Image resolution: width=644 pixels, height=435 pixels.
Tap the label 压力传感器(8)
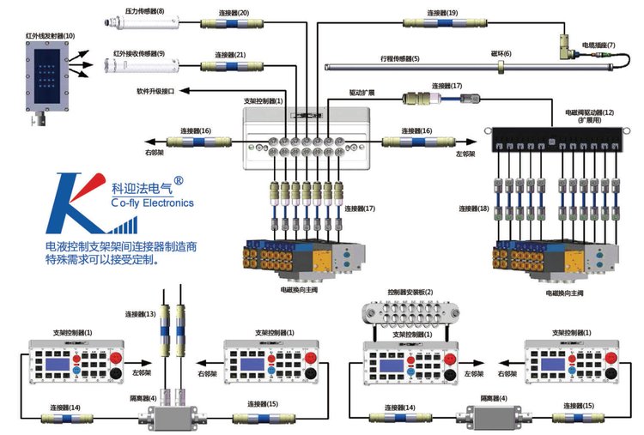point(144,11)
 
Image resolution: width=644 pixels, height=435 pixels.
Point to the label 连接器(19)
point(443,13)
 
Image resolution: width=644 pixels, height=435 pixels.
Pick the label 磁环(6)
point(501,54)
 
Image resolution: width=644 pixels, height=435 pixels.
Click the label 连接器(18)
point(474,208)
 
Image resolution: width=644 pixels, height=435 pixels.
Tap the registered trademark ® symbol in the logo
point(179,181)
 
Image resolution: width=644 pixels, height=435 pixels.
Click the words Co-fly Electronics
point(153,203)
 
